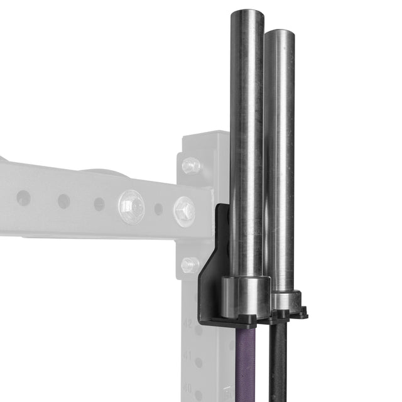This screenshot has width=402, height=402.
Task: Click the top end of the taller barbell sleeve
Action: pyautogui.click(x=247, y=13)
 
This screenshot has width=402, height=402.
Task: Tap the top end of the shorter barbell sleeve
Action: pyautogui.click(x=279, y=32)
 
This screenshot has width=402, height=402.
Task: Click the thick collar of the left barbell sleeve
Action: pyautogui.click(x=246, y=295)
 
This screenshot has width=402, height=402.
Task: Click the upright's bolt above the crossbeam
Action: pyautogui.click(x=191, y=166)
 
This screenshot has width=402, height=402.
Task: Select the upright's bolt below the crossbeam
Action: pyautogui.click(x=190, y=265)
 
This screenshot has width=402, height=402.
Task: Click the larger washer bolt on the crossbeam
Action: pyautogui.click(x=131, y=206)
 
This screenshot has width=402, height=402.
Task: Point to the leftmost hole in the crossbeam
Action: pyautogui.click(x=23, y=198)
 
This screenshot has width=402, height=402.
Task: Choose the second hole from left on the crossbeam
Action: pyautogui.click(x=63, y=201)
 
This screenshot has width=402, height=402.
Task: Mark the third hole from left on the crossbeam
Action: pyautogui.click(x=99, y=204)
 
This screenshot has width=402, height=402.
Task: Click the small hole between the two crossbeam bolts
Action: pyautogui.click(x=158, y=209)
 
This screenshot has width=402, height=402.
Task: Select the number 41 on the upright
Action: pyautogui.click(x=187, y=356)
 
